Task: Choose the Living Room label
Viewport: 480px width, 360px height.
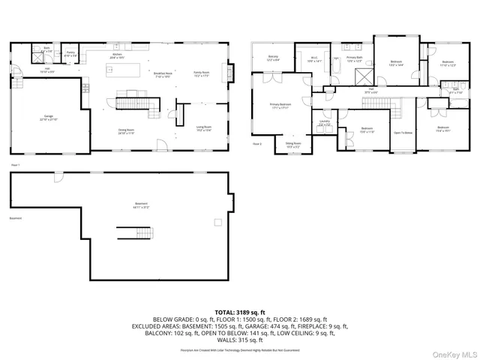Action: point(204,128)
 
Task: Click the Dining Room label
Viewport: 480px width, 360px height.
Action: point(126,132)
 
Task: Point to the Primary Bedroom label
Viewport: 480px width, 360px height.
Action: point(281,106)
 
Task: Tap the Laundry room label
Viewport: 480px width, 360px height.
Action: point(325,122)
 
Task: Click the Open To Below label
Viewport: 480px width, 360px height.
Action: point(403,133)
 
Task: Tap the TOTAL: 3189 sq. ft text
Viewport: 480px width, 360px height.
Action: point(240,311)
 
